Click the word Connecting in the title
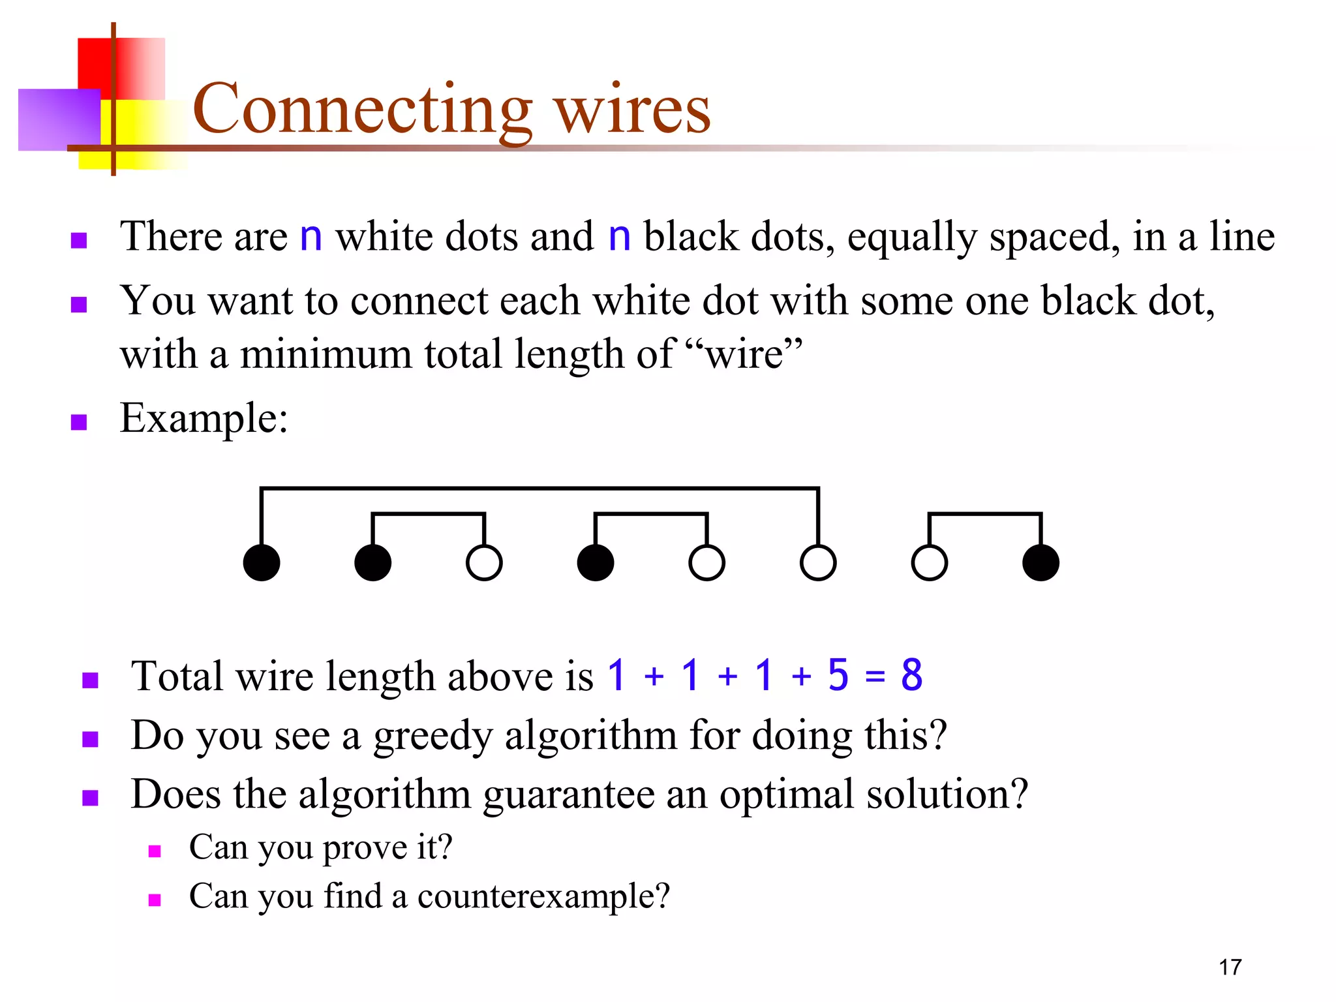coord(362,110)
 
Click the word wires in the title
coord(632,110)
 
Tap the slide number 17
coord(1230,967)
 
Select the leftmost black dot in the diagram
coord(262,562)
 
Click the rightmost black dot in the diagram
coord(1040,562)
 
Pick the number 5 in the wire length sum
coord(838,675)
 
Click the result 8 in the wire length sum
coord(912,675)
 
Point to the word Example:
coord(204,419)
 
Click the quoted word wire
coord(744,356)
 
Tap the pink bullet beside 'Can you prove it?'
coord(155,851)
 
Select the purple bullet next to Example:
coord(79,422)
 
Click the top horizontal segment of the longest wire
coord(539,488)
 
